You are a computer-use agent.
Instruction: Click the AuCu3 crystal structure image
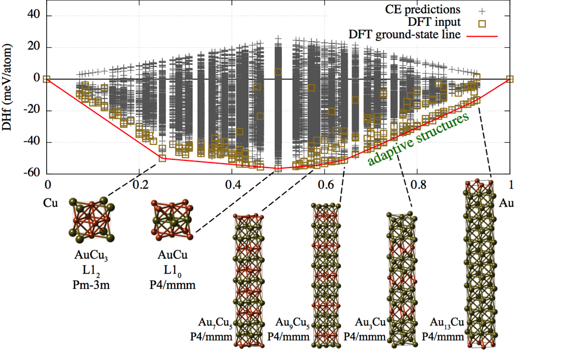[92, 221]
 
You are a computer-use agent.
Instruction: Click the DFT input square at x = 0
[47, 79]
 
